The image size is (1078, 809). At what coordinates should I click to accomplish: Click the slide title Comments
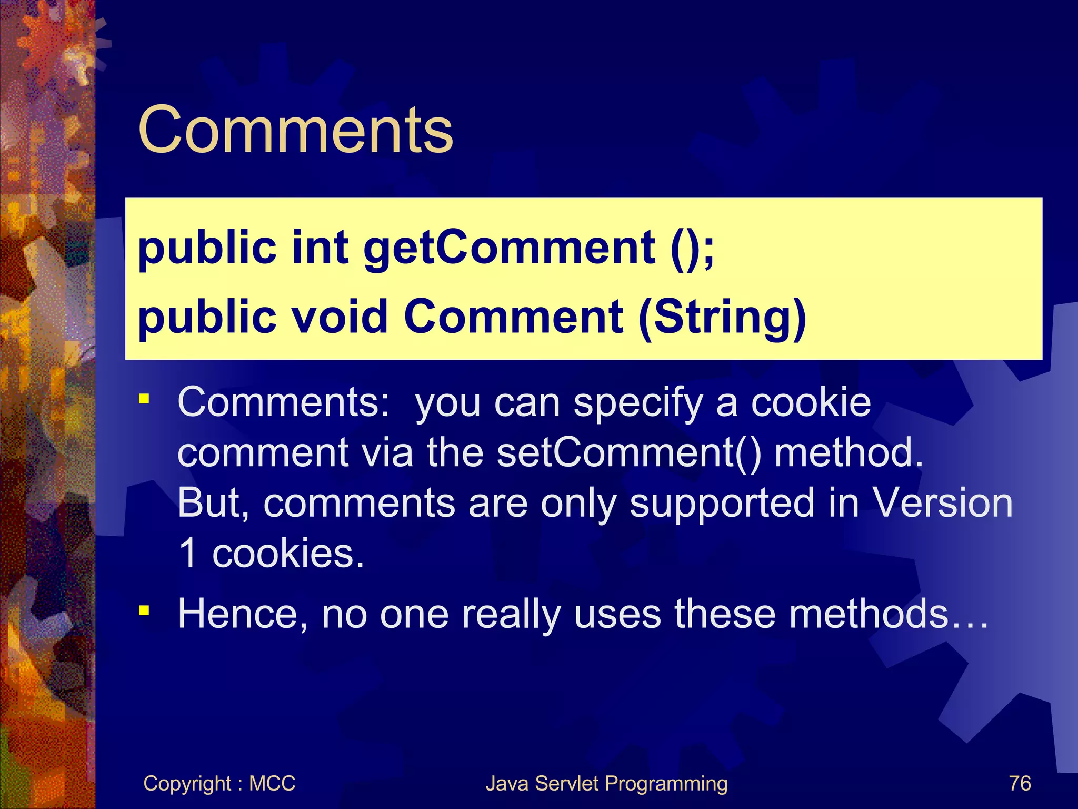(295, 130)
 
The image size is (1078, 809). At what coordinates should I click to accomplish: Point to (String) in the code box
(722, 317)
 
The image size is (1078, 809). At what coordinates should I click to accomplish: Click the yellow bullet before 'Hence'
(144, 610)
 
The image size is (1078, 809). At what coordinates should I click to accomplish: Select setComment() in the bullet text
(628, 452)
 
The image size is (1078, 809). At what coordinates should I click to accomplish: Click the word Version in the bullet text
(942, 502)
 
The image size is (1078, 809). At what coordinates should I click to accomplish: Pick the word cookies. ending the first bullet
(288, 554)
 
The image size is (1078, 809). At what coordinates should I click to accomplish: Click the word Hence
(243, 614)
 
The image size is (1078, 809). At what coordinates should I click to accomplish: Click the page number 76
(1020, 784)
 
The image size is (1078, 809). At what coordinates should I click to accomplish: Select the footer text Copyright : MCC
(219, 784)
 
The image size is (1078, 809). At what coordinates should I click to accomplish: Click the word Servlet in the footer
(566, 784)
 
